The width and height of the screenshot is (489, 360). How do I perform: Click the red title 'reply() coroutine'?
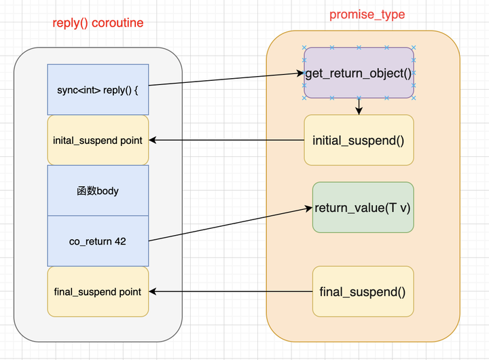pyautogui.click(x=98, y=23)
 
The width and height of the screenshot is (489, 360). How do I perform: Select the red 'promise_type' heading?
pyautogui.click(x=367, y=15)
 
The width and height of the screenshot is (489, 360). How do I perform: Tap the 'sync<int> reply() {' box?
pyautogui.click(x=98, y=90)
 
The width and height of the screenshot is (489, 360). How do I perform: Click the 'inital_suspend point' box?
pyautogui.click(x=98, y=140)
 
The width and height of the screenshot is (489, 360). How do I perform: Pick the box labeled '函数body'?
pyautogui.click(x=98, y=190)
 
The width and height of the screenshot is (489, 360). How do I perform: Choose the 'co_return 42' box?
pyautogui.click(x=98, y=241)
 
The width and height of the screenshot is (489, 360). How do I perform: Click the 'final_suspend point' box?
pyautogui.click(x=98, y=291)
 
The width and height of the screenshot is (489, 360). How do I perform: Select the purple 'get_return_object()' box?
pyautogui.click(x=359, y=73)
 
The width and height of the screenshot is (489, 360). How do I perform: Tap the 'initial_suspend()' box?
pyautogui.click(x=359, y=140)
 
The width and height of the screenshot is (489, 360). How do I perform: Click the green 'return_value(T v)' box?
pyautogui.click(x=363, y=207)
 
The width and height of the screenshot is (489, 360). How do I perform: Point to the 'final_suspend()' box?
pyautogui.click(x=363, y=291)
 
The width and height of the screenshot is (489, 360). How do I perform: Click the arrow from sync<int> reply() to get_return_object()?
pyautogui.click(x=226, y=79)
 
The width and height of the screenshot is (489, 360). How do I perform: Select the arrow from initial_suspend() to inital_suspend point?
pyautogui.click(x=226, y=140)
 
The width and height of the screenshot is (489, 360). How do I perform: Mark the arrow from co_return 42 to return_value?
pyautogui.click(x=230, y=224)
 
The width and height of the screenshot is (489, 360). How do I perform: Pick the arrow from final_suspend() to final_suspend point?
pyautogui.click(x=230, y=291)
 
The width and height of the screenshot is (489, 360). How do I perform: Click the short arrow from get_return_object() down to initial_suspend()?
pyautogui.click(x=359, y=107)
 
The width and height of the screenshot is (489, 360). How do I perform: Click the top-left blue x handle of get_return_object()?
pyautogui.click(x=304, y=48)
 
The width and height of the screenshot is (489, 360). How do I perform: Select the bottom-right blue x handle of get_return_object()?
pyautogui.click(x=414, y=98)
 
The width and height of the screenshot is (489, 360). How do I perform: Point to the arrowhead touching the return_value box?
pyautogui.click(x=309, y=209)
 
